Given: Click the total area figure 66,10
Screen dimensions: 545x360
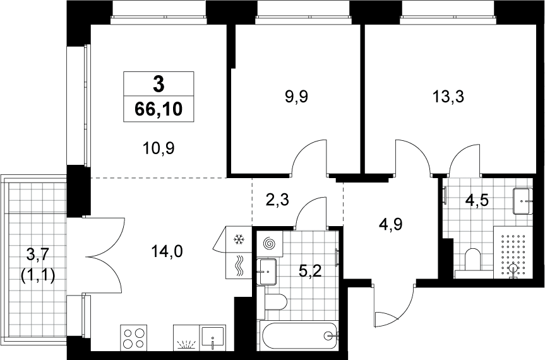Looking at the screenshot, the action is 159,109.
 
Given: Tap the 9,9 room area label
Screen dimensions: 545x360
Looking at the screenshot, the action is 296,97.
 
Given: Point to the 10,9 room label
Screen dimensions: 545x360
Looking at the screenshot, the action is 159,148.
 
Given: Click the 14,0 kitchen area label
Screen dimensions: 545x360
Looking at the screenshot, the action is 167,251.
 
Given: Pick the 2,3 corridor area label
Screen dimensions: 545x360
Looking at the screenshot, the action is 278,200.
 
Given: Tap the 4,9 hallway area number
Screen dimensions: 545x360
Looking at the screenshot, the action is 391,224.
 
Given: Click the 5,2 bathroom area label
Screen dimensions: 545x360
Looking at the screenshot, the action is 310,270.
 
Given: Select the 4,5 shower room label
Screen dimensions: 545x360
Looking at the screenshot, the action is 477,200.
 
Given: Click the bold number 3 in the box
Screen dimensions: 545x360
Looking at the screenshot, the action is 159,85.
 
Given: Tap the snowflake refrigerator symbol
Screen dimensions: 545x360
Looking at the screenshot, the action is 239,239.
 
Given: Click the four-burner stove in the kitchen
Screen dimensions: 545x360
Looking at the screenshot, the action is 134,337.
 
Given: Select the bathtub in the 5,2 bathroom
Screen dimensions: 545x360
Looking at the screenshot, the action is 299,335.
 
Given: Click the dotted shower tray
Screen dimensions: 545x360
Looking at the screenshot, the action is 513,252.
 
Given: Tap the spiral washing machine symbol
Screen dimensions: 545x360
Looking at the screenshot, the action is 270,244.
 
